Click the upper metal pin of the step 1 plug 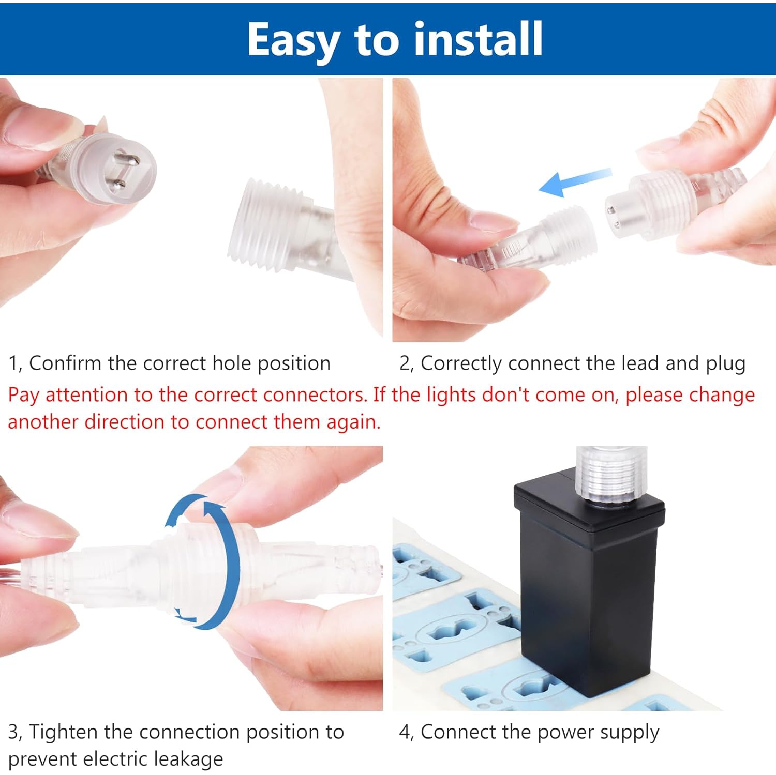[126, 159]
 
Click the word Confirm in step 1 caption [65, 363]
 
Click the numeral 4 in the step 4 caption [405, 732]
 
